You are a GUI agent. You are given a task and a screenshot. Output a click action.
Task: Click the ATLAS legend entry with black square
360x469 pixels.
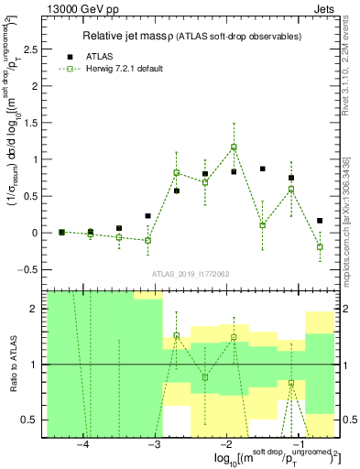tap(93, 55)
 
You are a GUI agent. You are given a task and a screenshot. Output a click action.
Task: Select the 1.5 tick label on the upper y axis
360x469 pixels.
tap(33, 123)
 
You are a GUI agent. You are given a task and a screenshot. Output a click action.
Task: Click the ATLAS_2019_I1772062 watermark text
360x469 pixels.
tap(191, 274)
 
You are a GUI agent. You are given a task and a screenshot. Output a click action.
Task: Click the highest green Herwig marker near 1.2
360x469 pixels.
tap(234, 147)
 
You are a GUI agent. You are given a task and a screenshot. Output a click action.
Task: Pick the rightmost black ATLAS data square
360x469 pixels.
tap(320, 221)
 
